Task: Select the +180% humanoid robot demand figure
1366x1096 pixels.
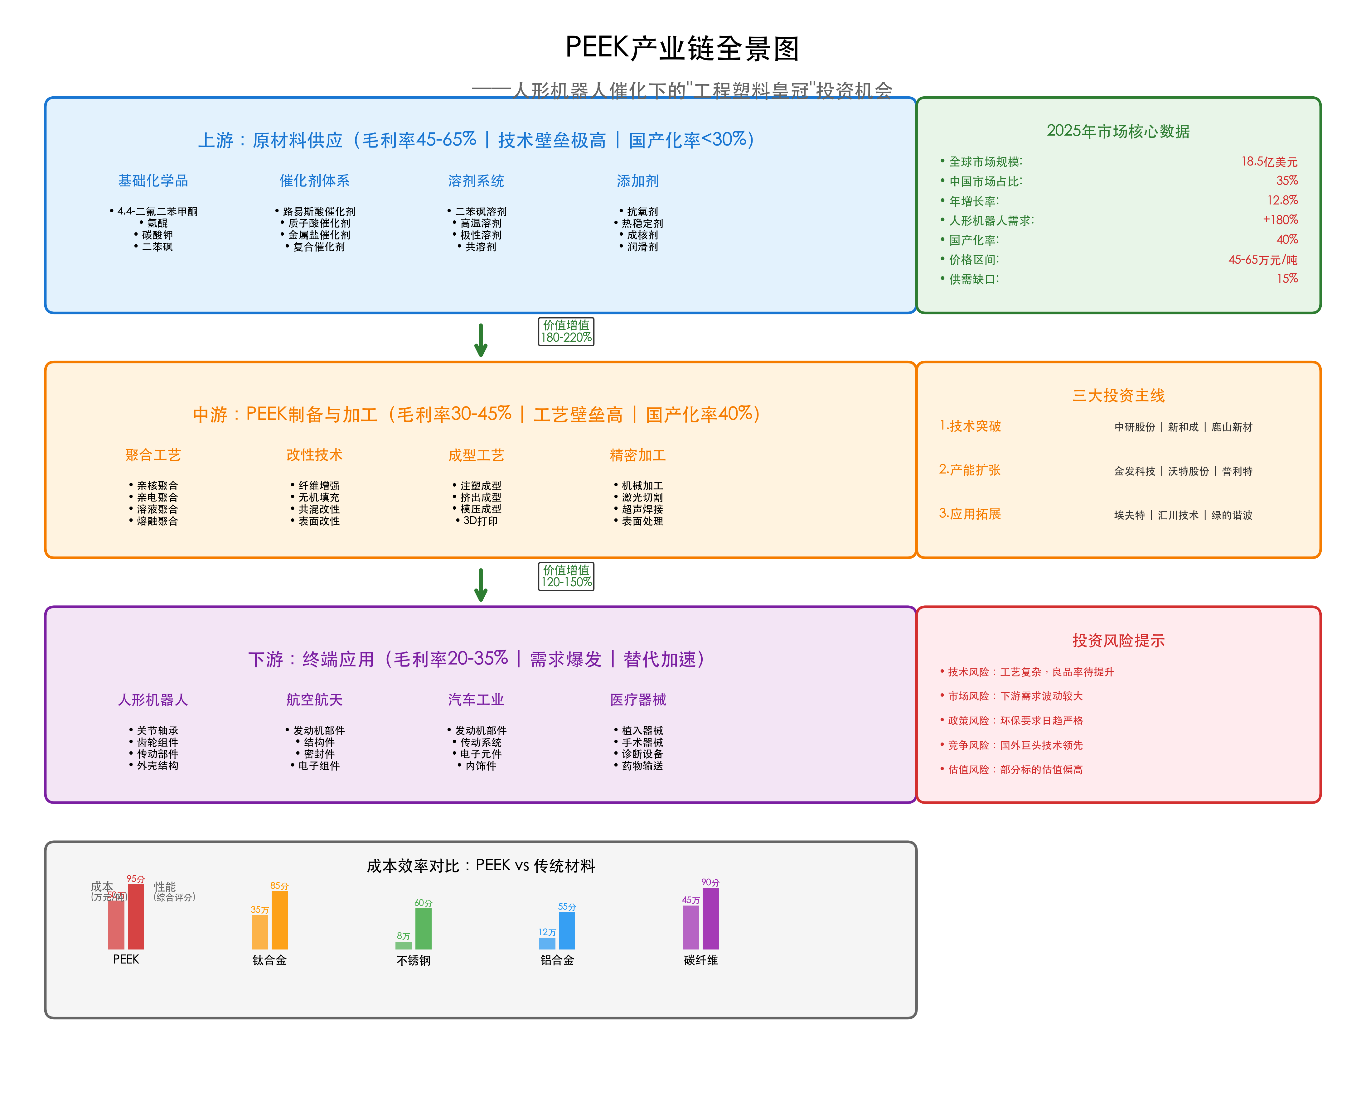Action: tap(1280, 220)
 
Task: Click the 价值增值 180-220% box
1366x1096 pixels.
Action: tap(566, 331)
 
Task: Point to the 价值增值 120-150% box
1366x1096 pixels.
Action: tap(566, 576)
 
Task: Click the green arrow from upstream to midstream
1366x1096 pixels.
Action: tap(481, 340)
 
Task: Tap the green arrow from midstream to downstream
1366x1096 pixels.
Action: tap(481, 584)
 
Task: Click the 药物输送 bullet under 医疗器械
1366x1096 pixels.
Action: tap(639, 766)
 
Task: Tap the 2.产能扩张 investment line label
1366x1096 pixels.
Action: tap(969, 470)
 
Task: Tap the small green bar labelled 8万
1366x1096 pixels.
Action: tap(404, 945)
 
